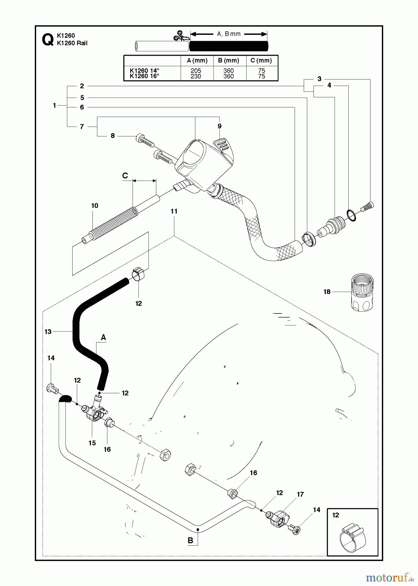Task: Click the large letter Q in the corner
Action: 48,40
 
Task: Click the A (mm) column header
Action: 197,61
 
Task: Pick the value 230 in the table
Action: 196,76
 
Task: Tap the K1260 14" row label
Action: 144,71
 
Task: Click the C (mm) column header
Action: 261,61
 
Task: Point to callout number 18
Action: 327,292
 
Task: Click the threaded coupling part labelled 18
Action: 362,292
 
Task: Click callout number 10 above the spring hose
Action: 94,205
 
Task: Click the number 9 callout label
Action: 219,126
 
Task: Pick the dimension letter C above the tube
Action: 125,176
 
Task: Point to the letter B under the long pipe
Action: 190,540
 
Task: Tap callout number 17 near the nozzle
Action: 300,494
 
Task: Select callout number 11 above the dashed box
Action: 174,211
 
